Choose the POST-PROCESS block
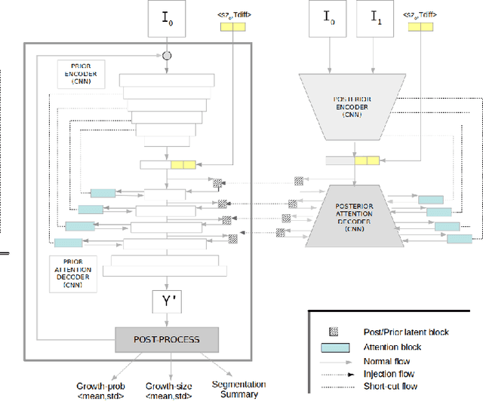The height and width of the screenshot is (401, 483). pos(166,339)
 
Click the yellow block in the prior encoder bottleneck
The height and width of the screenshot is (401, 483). pos(183,164)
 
